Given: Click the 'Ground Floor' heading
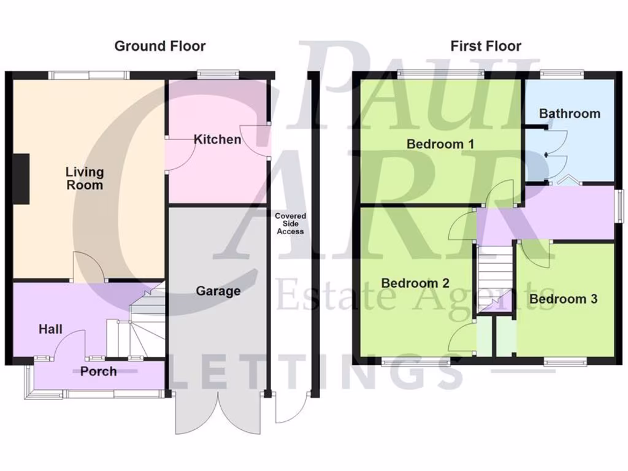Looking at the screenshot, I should tap(160, 46).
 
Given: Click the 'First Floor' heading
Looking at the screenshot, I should tap(486, 46).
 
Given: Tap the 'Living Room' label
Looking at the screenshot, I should tap(85, 178).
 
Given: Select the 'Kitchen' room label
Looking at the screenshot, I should tap(217, 140).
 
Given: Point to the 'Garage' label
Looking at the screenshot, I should tap(218, 291).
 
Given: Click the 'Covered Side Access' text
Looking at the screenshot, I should tap(290, 224).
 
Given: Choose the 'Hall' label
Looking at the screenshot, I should tap(50, 329).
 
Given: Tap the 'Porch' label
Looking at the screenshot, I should tap(98, 371).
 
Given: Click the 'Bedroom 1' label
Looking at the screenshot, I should tap(440, 145).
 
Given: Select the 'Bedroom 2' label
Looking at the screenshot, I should tap(415, 283).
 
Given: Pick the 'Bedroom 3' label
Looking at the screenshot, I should tap(563, 299).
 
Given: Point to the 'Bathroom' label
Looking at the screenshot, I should tap(569, 113).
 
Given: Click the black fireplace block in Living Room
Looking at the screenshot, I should tap(21, 178).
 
